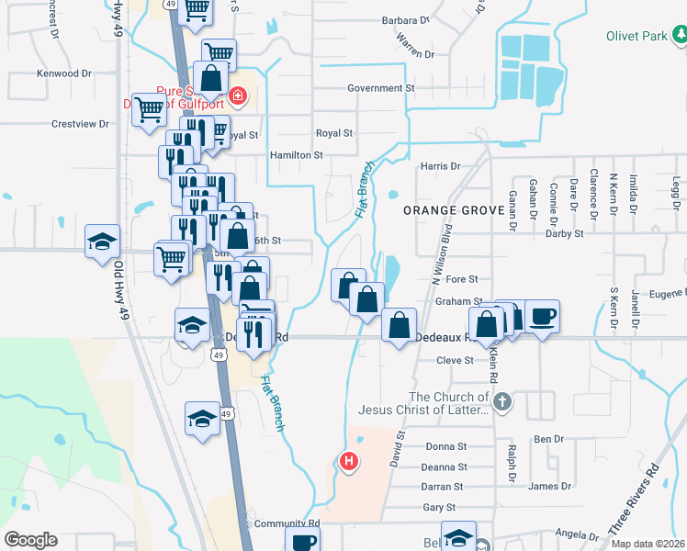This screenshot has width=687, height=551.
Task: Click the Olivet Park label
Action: click(634, 37)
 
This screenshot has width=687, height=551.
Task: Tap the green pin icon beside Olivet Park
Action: click(679, 36)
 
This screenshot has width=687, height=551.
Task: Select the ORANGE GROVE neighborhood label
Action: click(454, 210)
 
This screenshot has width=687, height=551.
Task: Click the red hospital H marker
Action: click(349, 462)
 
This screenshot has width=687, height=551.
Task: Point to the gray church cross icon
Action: click(501, 401)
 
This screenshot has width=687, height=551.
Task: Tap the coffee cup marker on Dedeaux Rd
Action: click(542, 317)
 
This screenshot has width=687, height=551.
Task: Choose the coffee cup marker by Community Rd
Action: click(301, 541)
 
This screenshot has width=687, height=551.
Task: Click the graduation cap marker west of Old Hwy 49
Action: click(103, 242)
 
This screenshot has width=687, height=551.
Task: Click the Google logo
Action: click(31, 540)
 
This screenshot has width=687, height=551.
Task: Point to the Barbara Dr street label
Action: click(406, 19)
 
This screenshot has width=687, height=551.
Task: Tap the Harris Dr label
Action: click(440, 166)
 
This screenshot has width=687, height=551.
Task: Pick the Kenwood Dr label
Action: click(64, 73)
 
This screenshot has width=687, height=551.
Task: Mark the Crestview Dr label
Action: click(80, 124)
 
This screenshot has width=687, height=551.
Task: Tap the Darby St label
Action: click(565, 234)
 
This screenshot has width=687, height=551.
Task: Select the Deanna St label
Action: click(445, 467)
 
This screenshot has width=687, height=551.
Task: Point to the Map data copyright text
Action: click(647, 544)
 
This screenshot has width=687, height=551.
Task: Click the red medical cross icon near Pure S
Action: click(238, 95)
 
